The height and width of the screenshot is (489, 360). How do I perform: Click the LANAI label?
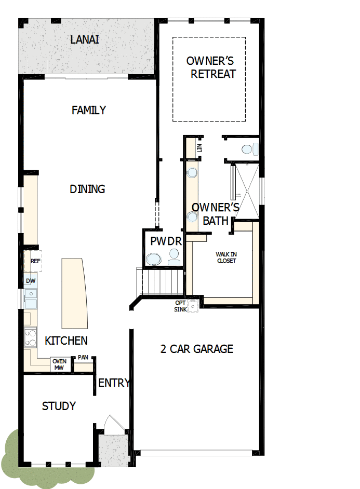coord(85,39)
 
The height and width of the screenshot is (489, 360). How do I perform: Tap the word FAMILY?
coord(89,110)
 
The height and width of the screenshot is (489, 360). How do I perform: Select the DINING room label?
coord(87,189)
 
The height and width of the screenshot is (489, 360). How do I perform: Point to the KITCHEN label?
coord(66,341)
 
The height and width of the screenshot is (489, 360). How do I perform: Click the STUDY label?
coord(59,406)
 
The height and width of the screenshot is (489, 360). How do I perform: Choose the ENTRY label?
coord(114,383)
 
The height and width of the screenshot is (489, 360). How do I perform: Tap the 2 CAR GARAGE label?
coord(196,349)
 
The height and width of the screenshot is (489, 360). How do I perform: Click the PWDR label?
coord(166,241)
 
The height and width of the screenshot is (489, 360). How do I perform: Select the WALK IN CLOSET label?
coord(226,257)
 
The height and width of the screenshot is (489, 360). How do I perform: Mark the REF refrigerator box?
coord(35,261)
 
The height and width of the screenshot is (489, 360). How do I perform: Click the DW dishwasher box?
coord(31,281)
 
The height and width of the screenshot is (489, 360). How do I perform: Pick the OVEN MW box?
coord(60,364)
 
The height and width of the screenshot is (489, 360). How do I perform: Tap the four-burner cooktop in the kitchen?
coord(31,338)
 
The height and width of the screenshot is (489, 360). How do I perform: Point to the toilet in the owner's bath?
coord(248,149)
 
